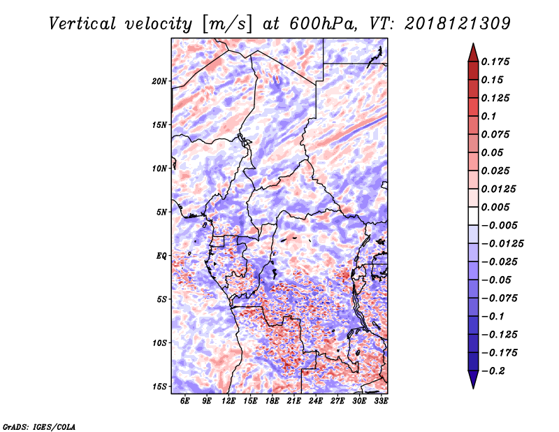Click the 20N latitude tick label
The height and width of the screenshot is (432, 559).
click(x=159, y=81)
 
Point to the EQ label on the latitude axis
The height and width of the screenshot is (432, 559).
click(x=161, y=256)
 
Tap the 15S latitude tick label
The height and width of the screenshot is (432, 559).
click(x=159, y=387)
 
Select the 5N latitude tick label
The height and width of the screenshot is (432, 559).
click(x=161, y=213)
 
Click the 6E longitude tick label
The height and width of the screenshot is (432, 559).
click(x=184, y=401)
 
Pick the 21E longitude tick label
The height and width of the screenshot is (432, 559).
click(x=293, y=401)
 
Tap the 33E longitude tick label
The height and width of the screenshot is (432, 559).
click(x=381, y=401)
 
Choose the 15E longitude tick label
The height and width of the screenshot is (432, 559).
click(x=250, y=401)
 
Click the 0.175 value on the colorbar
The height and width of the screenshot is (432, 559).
click(x=495, y=62)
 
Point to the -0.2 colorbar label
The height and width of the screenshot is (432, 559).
click(x=493, y=371)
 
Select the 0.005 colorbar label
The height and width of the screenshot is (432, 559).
click(x=495, y=207)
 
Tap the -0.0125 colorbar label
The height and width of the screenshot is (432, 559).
click(x=502, y=244)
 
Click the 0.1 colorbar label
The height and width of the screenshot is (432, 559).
click(x=488, y=116)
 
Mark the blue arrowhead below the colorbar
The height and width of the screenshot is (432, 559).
click(x=473, y=380)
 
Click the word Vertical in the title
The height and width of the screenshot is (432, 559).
click(x=82, y=24)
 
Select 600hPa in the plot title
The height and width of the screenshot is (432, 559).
click(x=323, y=24)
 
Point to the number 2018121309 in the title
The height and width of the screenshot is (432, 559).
click(x=458, y=24)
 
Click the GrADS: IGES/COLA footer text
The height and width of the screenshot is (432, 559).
click(x=39, y=427)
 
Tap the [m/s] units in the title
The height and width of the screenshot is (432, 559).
click(x=227, y=24)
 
